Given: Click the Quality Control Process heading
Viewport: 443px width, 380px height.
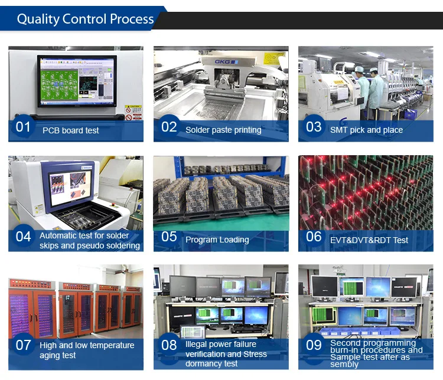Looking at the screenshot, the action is pos(85,19).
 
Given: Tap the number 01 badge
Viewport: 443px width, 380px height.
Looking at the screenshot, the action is pos(23,127).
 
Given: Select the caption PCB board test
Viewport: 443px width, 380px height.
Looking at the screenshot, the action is pos(71,130).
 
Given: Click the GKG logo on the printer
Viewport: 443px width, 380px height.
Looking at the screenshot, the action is pos(226,62).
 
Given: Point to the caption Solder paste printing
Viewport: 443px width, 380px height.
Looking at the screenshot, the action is pos(223,130).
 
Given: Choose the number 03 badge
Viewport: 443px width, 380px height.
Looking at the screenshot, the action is pos(314,126).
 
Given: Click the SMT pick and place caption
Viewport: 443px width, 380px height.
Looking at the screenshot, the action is pos(366,130).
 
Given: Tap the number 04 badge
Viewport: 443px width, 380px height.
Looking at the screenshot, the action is pos(23,236).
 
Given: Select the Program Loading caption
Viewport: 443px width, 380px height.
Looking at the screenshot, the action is pos(217,240).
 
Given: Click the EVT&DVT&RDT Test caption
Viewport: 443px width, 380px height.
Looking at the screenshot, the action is pos(369,240).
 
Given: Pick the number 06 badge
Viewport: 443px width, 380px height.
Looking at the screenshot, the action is pos(314,236).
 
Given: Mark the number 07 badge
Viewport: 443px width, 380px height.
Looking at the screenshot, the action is pos(23,345).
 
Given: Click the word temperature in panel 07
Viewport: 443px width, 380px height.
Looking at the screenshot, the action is pos(110,345).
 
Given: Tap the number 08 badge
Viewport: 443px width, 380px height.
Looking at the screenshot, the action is pos(169,345).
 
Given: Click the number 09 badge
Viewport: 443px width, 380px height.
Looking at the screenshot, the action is pos(314,345).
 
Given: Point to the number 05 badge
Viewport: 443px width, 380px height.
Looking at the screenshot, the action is pos(169,236).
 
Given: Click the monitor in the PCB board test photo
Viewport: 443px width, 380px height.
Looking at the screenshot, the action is pos(77,81).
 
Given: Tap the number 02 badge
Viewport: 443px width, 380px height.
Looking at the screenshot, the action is pos(169,127).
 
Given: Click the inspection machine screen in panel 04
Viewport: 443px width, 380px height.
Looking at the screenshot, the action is pos(70,187).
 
